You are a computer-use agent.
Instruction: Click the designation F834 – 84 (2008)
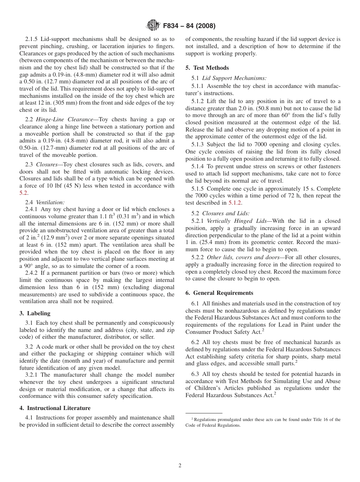[189, 26]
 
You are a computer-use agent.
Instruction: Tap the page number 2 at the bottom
[180, 466]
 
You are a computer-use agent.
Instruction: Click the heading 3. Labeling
[35, 313]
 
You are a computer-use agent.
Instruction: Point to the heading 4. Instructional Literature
[55, 408]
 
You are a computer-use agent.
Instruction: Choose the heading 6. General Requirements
[219, 293]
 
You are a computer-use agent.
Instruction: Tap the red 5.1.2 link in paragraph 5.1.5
[235, 203]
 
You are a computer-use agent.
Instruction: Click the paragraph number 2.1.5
[33, 39]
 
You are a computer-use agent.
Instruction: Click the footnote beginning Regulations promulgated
[263, 422]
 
